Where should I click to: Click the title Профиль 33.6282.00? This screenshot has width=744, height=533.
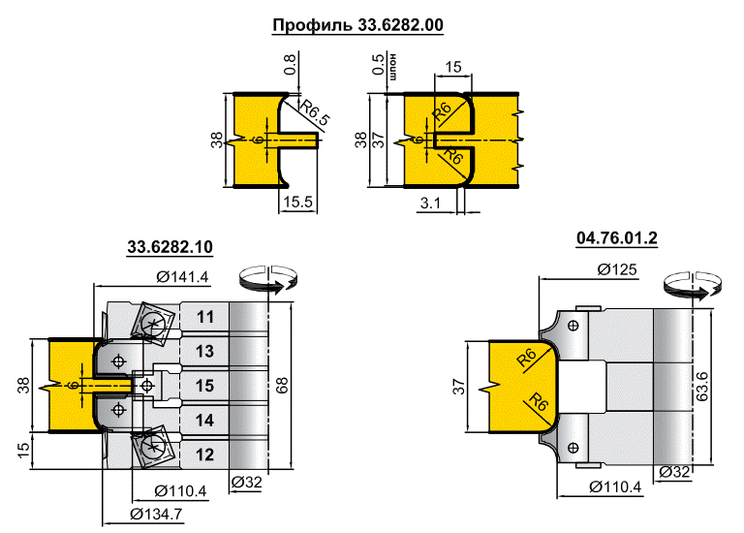pos(357,25)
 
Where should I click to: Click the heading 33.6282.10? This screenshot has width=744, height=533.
pos(170,248)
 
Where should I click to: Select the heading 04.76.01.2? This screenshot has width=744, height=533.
pos(616,238)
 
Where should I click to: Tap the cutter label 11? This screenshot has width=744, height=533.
pos(204,317)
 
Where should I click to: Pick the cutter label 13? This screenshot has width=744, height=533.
pos(204,350)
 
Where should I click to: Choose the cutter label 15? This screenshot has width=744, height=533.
pos(204,385)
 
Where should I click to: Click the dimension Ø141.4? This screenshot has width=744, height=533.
pos(182,278)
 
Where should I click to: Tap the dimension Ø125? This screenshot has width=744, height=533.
pos(617,270)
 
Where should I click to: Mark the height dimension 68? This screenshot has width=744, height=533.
pos(281,386)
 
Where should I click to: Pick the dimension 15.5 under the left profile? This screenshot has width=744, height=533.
pos(295,203)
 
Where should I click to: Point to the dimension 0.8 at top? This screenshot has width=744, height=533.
pos(290,65)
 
